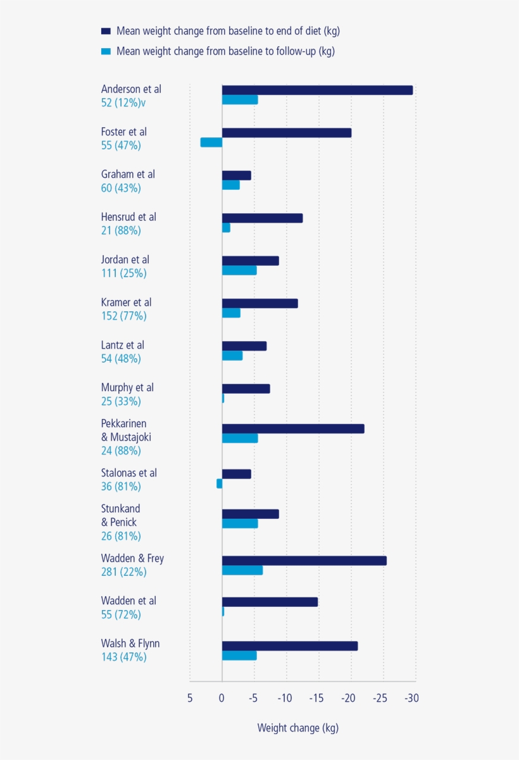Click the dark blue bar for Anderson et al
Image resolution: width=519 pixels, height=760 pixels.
[x=316, y=90]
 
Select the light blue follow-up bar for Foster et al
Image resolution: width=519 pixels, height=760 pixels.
[x=211, y=142]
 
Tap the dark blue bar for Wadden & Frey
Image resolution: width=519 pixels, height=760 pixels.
[x=304, y=561]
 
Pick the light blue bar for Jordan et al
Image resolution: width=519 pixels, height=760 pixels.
[x=239, y=270]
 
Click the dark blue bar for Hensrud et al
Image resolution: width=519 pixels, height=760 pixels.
[x=262, y=218]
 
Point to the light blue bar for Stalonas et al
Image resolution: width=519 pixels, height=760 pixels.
[x=219, y=483]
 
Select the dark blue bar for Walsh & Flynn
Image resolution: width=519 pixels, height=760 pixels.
[x=289, y=645]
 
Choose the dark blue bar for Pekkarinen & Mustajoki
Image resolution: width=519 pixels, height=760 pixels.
[x=292, y=428]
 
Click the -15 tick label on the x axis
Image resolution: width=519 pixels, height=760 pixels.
[x=316, y=698]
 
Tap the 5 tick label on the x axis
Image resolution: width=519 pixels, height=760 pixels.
[x=189, y=698]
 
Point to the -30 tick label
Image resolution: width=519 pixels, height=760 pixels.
[x=411, y=698]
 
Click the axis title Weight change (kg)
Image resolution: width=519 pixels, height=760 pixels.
[x=297, y=728]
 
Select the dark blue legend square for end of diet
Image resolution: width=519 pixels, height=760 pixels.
[x=106, y=31]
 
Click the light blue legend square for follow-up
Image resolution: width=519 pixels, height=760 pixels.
[x=106, y=51]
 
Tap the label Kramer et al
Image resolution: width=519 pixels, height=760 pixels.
[x=126, y=302]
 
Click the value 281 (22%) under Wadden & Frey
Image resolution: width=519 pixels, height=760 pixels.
[x=123, y=571]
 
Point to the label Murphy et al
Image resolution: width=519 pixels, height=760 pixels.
[x=127, y=387]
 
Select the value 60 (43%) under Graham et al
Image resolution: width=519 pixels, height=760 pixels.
[x=121, y=188]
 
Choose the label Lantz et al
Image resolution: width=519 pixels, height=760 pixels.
[x=122, y=345]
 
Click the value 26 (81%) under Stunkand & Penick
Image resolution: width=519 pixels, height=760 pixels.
[x=121, y=536]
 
